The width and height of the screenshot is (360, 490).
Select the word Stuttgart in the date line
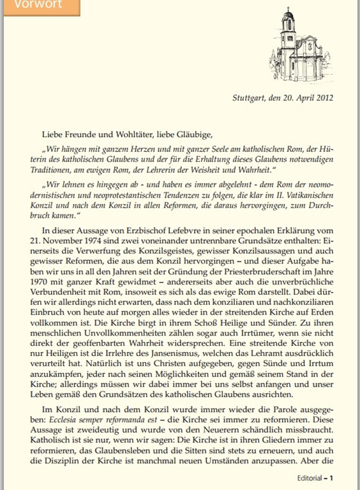point(250,98)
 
